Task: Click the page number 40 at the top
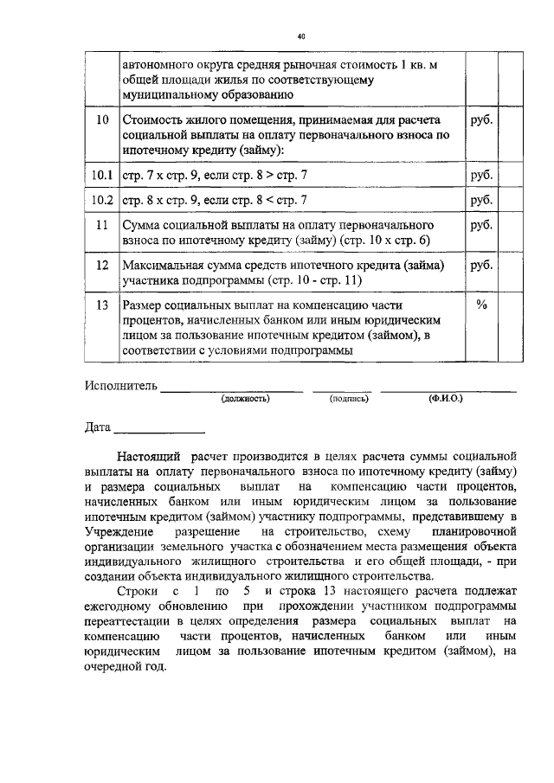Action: (300, 37)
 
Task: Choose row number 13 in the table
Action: (102, 306)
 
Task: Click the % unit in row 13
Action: (482, 305)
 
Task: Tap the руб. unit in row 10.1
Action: (481, 176)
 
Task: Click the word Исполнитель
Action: (120, 385)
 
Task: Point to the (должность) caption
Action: (245, 399)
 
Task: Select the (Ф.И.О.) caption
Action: (445, 399)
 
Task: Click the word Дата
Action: (98, 427)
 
